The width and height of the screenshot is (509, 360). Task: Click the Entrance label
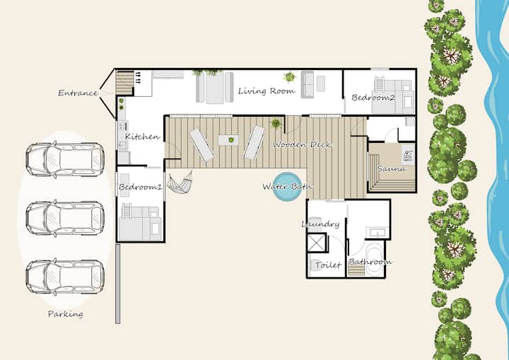coord(78,93)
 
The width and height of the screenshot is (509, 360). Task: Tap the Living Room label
coord(267,91)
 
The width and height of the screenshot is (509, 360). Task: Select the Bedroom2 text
coord(373,98)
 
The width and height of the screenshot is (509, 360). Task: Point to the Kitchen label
coord(143,137)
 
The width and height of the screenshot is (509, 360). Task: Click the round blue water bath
coord(287,187)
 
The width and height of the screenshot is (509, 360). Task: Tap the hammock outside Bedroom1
coord(180,182)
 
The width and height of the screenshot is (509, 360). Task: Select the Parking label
coord(66,314)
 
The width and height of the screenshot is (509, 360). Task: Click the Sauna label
coord(392,168)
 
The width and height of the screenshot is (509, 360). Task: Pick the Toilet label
coord(328,265)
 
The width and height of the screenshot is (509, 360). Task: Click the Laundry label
coord(320,224)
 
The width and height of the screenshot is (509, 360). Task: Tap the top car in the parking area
coord(65,160)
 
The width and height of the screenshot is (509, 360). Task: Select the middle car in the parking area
coord(65,218)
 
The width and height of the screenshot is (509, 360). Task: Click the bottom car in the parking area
coord(65,277)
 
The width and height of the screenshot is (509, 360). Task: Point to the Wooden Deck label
coord(303,144)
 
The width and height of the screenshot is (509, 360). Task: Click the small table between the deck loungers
coord(228,140)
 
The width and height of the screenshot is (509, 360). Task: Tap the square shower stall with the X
coord(317,243)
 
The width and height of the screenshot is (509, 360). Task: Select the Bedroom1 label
coord(140,187)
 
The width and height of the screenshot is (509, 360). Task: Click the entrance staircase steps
coord(125,83)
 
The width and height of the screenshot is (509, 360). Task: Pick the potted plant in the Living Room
coord(289,77)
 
